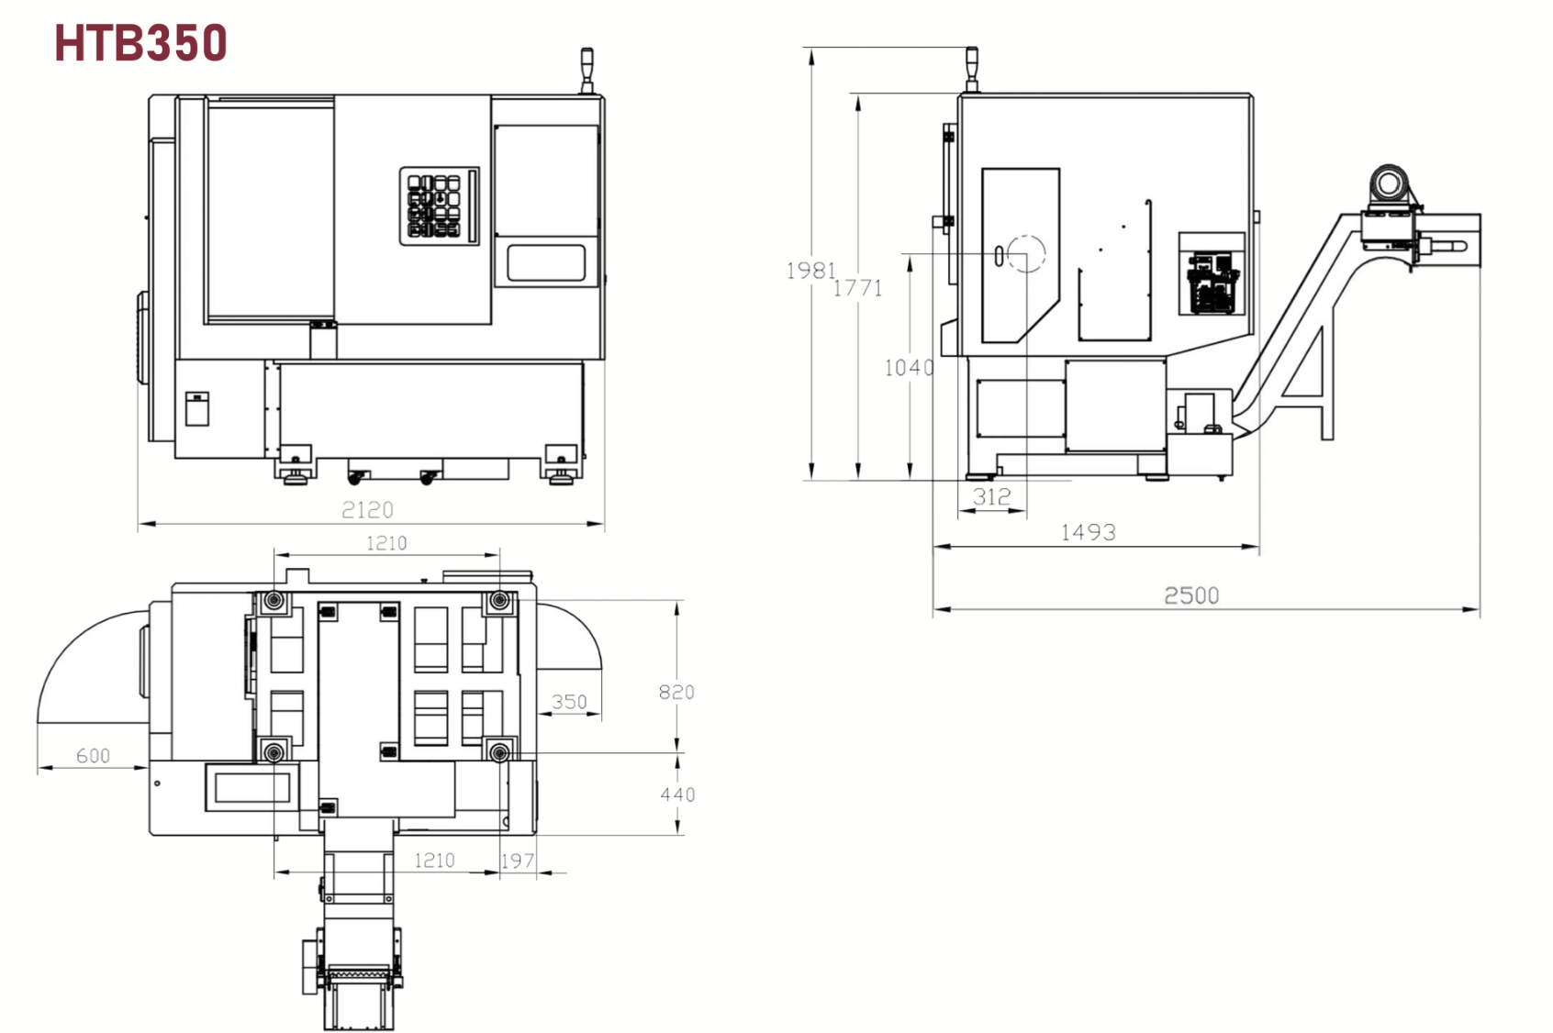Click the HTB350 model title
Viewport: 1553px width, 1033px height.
[140, 43]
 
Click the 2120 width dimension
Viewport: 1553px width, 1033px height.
[367, 510]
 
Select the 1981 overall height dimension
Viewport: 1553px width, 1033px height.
[810, 271]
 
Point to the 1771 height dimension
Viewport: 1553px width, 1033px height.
[857, 288]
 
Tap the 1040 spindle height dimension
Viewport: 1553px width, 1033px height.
[909, 368]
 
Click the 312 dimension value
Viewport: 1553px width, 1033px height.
[991, 497]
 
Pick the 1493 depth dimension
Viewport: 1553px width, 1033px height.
[1088, 532]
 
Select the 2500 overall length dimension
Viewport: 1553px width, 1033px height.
[1191, 595]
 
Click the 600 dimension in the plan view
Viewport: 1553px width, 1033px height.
[93, 756]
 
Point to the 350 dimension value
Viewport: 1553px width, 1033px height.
[569, 702]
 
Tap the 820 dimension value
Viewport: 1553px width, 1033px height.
[676, 692]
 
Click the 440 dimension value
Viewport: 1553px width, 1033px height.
[677, 794]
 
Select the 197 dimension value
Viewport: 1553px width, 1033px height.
[518, 861]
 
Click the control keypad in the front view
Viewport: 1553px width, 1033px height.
[439, 205]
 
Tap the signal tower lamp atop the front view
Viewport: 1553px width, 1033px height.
[587, 69]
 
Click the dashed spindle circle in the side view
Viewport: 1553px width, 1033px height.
[1025, 254]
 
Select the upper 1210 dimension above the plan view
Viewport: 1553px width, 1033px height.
[386, 543]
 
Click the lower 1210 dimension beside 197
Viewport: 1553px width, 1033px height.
[434, 861]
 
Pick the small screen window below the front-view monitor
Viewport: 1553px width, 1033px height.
[546, 262]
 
